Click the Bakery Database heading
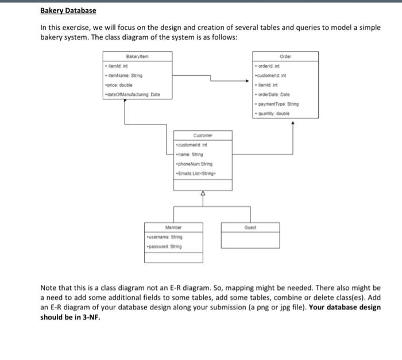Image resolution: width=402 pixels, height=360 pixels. pos(68,11)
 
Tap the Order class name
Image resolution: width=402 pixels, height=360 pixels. pos(285,57)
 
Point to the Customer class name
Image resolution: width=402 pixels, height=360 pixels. pos(203,136)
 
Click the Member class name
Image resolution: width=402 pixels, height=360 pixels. pos(173,227)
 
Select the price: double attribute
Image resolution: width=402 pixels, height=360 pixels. pos(118,85)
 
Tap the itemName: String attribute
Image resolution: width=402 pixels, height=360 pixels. pos(123,76)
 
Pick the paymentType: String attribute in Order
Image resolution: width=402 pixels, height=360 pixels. pos(278,104)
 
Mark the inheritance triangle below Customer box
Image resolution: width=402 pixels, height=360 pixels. pos(203,195)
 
